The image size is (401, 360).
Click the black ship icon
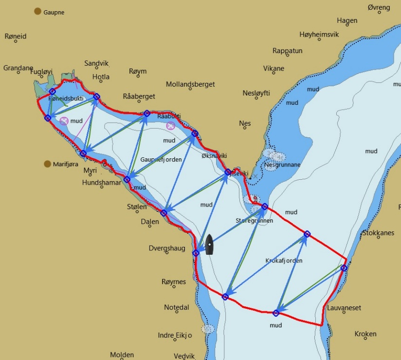[x=209, y=245]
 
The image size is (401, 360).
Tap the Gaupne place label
[x=54, y=12]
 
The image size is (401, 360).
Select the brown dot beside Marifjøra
[x=48, y=164]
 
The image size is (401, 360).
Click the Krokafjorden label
[x=284, y=261]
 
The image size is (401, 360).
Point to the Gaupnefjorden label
[x=161, y=159]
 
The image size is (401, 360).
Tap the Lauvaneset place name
[x=344, y=308]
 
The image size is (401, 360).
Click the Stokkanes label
[x=378, y=233]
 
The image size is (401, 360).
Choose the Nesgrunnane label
[x=282, y=165]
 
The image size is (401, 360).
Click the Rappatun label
[x=287, y=51]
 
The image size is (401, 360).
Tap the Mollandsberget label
[x=190, y=84]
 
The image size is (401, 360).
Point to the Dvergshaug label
[x=167, y=248]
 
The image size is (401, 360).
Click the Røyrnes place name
[x=174, y=282]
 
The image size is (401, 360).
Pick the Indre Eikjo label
[x=175, y=335]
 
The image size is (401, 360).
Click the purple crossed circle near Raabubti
[x=170, y=126]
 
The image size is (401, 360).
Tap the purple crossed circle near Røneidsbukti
[x=64, y=121]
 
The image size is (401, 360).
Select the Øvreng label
[x=379, y=8]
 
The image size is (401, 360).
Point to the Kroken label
[x=365, y=334]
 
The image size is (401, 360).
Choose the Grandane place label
[x=18, y=68]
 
